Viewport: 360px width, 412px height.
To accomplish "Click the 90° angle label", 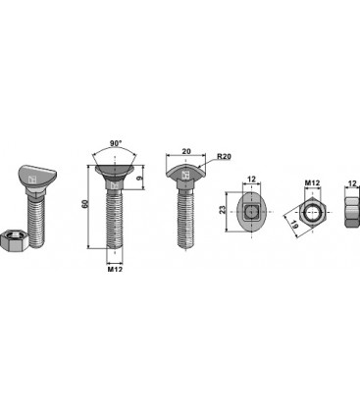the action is [115, 143].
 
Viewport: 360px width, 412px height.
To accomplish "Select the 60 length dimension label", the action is [85, 204].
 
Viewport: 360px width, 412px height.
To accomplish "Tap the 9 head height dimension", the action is [140, 179].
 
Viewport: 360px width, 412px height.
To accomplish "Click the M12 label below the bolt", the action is [115, 269].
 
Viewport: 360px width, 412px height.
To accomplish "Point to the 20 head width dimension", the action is [186, 151].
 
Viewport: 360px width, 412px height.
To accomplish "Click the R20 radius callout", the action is [225, 157].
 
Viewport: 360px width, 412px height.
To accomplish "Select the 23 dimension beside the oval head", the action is [223, 210].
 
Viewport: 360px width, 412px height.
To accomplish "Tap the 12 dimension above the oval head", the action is [251, 180].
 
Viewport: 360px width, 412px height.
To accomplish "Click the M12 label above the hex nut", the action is [312, 182].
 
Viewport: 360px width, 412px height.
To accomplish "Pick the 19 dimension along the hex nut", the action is [295, 225].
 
